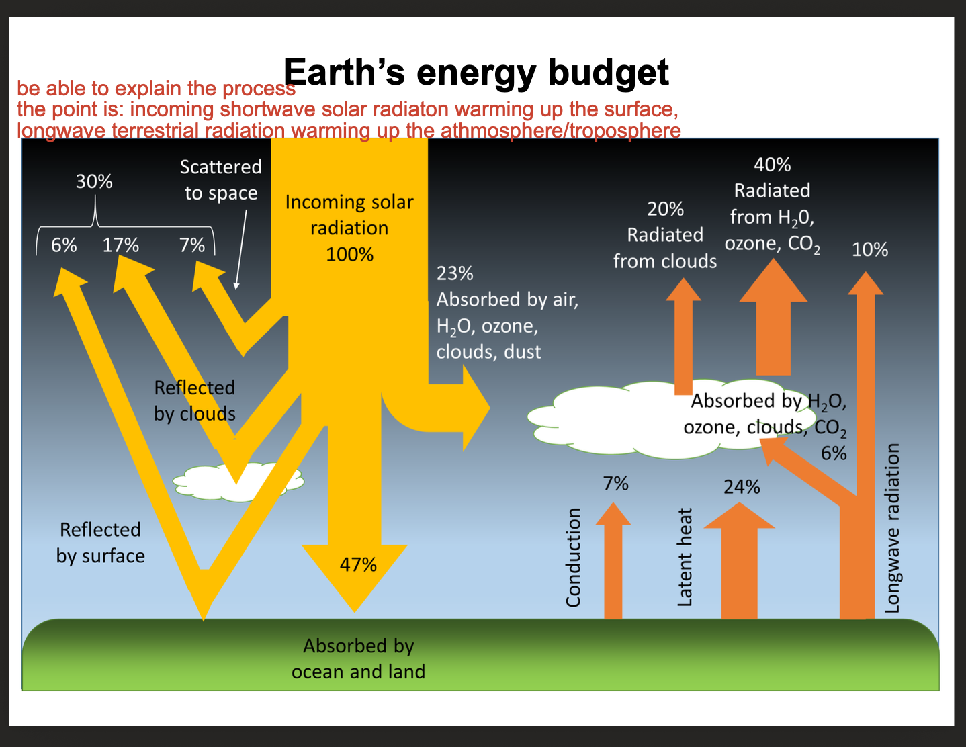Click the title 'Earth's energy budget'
[476, 72]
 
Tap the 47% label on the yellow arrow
[358, 564]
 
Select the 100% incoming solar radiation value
[349, 255]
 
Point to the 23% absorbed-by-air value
[455, 273]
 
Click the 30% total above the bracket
[94, 181]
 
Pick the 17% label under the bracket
[121, 245]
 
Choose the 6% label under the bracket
[64, 245]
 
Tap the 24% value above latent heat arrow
[742, 487]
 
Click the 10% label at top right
[870, 250]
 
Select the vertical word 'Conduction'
[573, 557]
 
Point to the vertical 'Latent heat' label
[685, 557]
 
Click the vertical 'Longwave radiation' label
[892, 528]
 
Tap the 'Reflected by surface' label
[101, 543]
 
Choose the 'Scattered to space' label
[221, 180]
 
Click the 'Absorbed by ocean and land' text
[358, 658]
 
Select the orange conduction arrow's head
[613, 515]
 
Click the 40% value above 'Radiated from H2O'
[772, 165]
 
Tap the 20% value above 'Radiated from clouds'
[665, 209]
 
